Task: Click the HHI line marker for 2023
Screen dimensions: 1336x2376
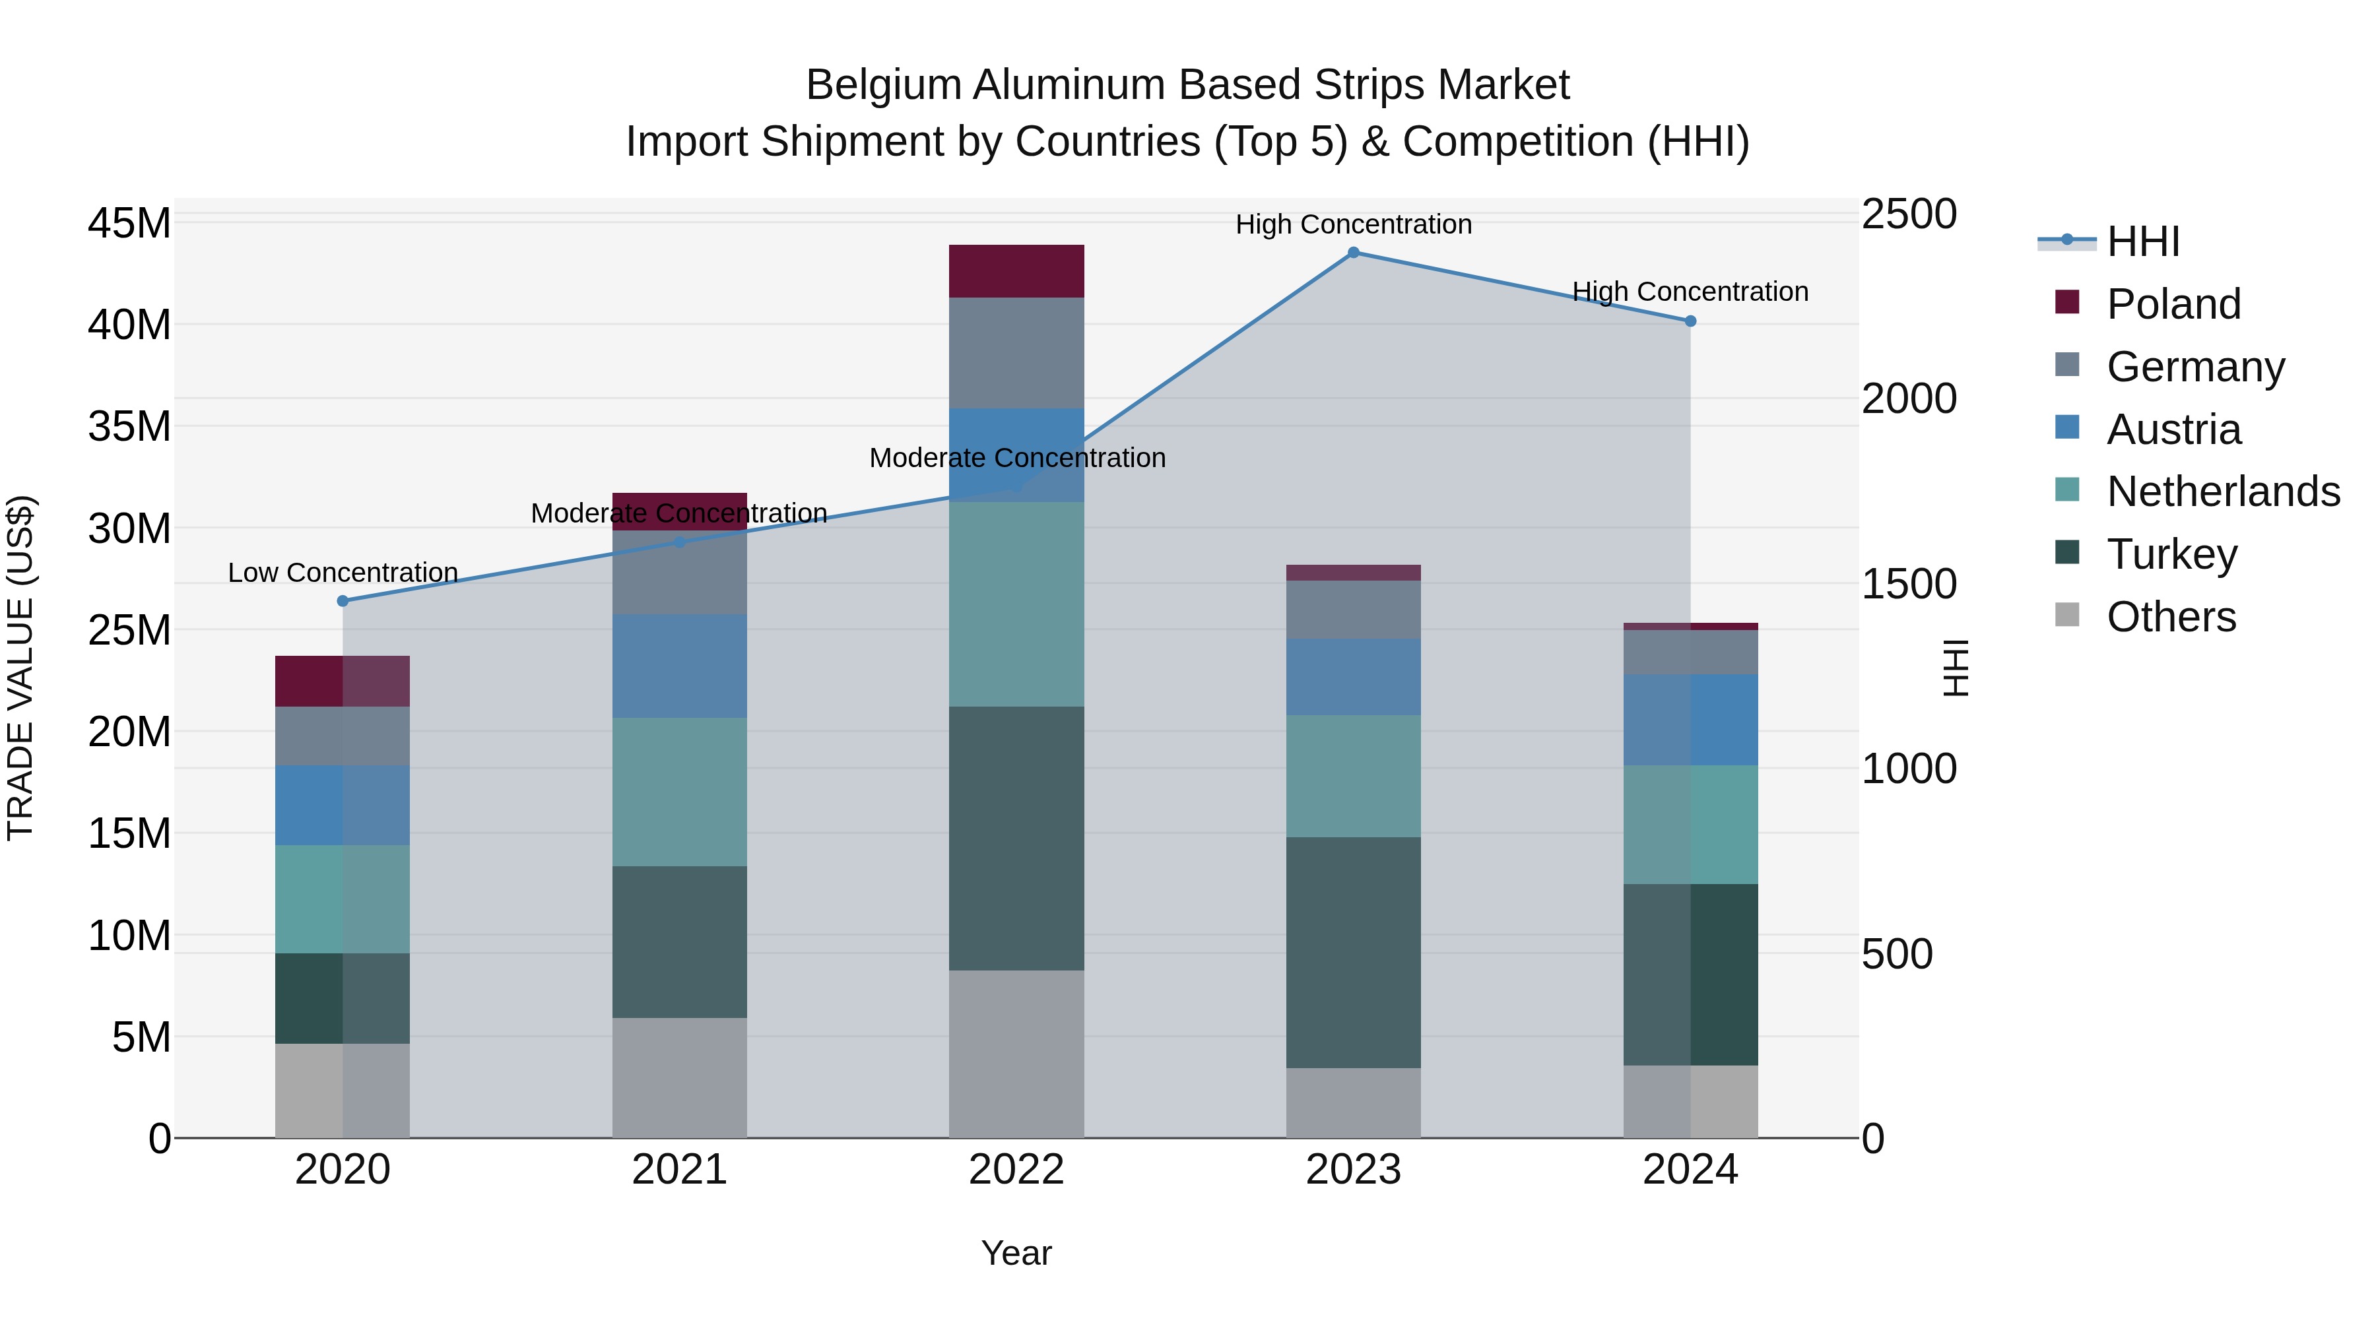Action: (x=1353, y=253)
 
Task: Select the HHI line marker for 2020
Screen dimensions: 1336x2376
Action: (x=343, y=601)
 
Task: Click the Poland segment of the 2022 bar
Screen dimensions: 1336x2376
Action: (x=1016, y=271)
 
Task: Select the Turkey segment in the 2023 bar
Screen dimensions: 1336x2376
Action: (x=1353, y=953)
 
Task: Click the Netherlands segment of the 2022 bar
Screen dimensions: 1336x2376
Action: (x=1016, y=604)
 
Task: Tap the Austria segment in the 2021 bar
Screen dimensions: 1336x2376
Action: (x=680, y=666)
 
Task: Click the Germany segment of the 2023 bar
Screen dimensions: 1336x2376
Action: (x=1353, y=610)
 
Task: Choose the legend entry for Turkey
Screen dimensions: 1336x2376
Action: (x=2171, y=554)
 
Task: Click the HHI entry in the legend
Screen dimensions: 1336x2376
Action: (x=2142, y=241)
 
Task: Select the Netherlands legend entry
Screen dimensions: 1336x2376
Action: (x=2223, y=492)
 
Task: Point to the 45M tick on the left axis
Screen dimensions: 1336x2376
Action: (x=129, y=223)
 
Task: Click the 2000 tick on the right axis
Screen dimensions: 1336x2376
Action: (x=1908, y=399)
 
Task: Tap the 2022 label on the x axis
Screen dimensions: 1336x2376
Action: (x=1016, y=1170)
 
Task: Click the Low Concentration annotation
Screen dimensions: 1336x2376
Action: (x=343, y=573)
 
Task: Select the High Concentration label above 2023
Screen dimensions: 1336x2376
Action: (x=1353, y=224)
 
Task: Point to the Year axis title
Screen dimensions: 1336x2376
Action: (x=1016, y=1253)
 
